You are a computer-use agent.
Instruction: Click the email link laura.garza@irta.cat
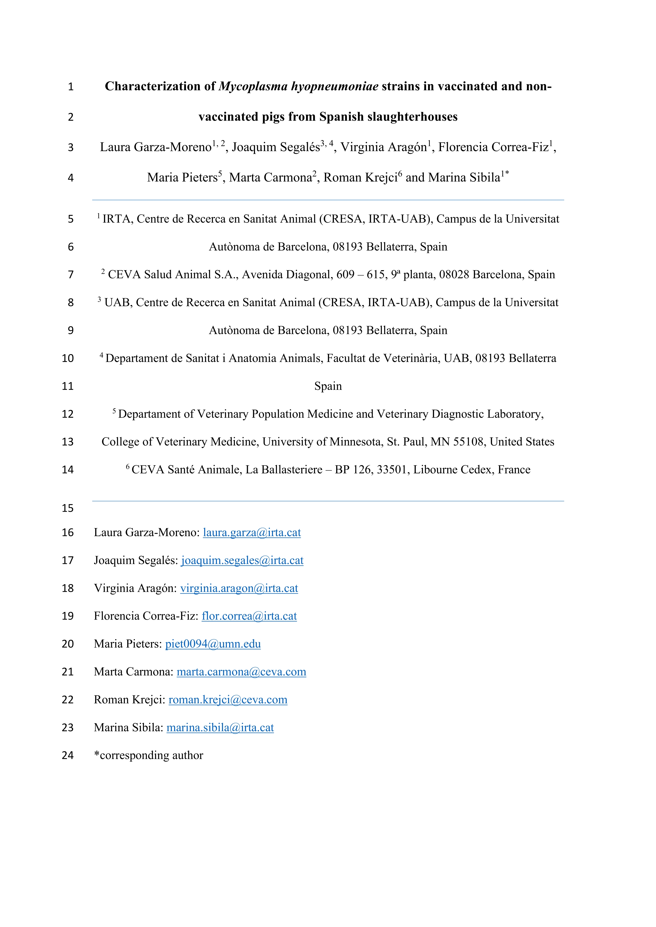[x=252, y=533]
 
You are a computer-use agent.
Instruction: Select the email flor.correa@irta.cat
[x=249, y=616]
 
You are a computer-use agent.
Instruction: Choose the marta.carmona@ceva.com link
[x=242, y=672]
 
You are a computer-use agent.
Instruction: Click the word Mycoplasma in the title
[x=253, y=86]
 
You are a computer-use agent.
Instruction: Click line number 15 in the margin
[x=68, y=508]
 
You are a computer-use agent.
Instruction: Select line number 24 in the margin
[x=68, y=755]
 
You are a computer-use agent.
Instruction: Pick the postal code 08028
[x=454, y=275]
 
